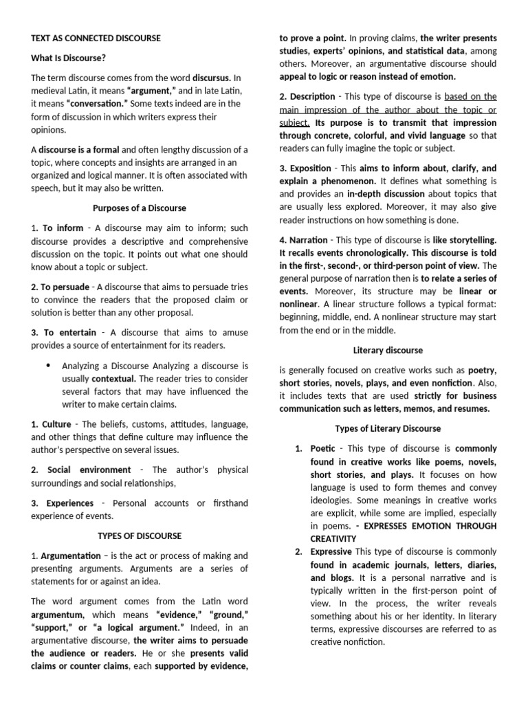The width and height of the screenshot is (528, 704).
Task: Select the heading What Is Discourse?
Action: (68, 58)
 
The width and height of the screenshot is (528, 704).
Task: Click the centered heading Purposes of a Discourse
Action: (139, 208)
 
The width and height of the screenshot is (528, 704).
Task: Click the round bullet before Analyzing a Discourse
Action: (47, 365)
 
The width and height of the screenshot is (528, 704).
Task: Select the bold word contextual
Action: (114, 378)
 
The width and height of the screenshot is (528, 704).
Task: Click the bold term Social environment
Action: (89, 470)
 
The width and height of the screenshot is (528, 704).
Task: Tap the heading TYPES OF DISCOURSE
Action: (139, 536)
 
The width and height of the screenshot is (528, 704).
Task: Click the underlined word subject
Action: (294, 122)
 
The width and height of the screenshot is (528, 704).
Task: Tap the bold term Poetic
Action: (323, 448)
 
